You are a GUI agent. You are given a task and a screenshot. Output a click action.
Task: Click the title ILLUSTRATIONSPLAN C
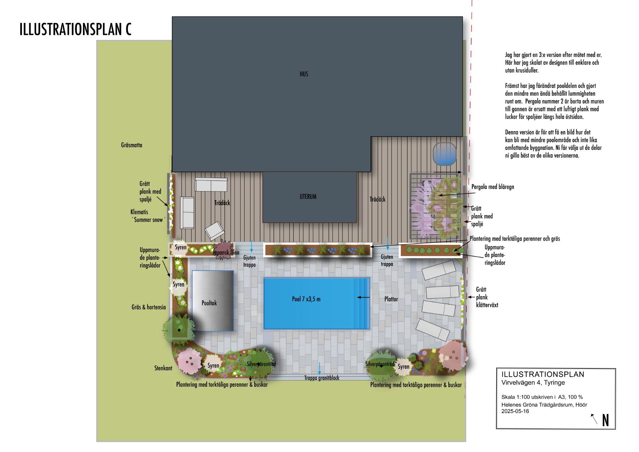76,29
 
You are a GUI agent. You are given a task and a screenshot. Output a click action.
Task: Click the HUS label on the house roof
304,74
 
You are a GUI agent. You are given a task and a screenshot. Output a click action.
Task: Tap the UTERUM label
308,197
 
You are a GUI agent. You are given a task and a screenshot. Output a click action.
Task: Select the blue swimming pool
317,303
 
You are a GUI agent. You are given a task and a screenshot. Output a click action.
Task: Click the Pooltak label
209,303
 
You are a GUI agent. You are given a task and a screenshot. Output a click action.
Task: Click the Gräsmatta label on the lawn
131,145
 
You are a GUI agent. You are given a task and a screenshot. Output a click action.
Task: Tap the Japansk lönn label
226,252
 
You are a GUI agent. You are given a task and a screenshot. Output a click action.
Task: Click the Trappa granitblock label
321,378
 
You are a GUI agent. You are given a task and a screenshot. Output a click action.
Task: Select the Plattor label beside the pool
391,299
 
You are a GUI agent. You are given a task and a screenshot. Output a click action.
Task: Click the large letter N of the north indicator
605,420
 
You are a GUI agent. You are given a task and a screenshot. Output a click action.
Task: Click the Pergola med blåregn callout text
493,187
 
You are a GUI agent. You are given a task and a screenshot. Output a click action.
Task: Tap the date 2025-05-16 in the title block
515,411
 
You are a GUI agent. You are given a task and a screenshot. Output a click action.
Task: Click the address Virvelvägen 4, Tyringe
533,383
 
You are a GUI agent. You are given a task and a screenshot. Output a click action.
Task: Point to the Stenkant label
163,368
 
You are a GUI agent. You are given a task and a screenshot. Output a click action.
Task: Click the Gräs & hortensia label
148,307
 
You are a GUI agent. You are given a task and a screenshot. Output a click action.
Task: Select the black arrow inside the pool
363,297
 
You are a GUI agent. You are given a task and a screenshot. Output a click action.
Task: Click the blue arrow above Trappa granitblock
319,368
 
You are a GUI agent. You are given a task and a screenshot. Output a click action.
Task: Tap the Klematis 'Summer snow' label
147,216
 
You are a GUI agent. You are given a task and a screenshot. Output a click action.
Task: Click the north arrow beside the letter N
594,419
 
